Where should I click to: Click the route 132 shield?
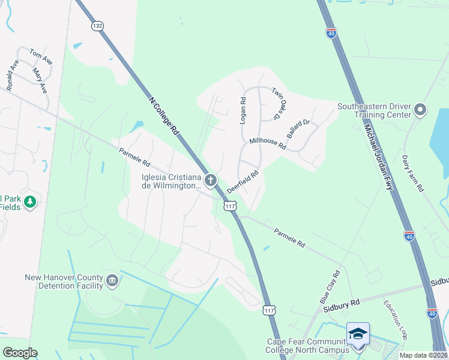coord(98,26)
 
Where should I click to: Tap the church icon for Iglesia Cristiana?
coord(210,179)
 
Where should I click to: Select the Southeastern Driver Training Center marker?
coord(420,110)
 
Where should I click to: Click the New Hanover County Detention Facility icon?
coord(112,281)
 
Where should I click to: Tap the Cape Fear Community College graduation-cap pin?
coord(358,334)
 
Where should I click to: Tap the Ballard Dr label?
coord(298,129)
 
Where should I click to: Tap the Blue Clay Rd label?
coord(330,286)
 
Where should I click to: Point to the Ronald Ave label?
coord(13,75)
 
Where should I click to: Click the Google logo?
coord(20,353)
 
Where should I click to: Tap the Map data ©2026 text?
coord(423,355)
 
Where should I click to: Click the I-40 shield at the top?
coord(331,34)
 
